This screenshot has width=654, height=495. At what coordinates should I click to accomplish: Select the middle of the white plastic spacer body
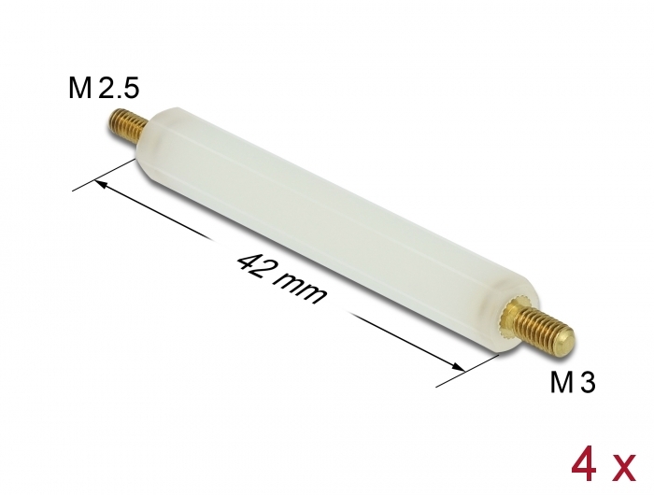coord(327,225)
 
